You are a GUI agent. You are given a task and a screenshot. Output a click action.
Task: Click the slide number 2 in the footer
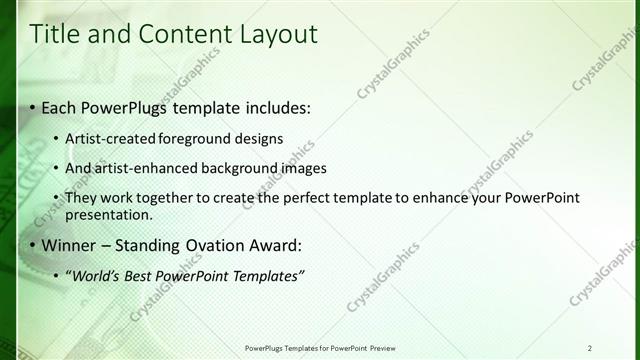[590, 347]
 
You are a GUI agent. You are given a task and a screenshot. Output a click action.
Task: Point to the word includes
[275, 107]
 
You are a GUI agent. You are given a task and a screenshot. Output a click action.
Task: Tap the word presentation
[108, 214]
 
